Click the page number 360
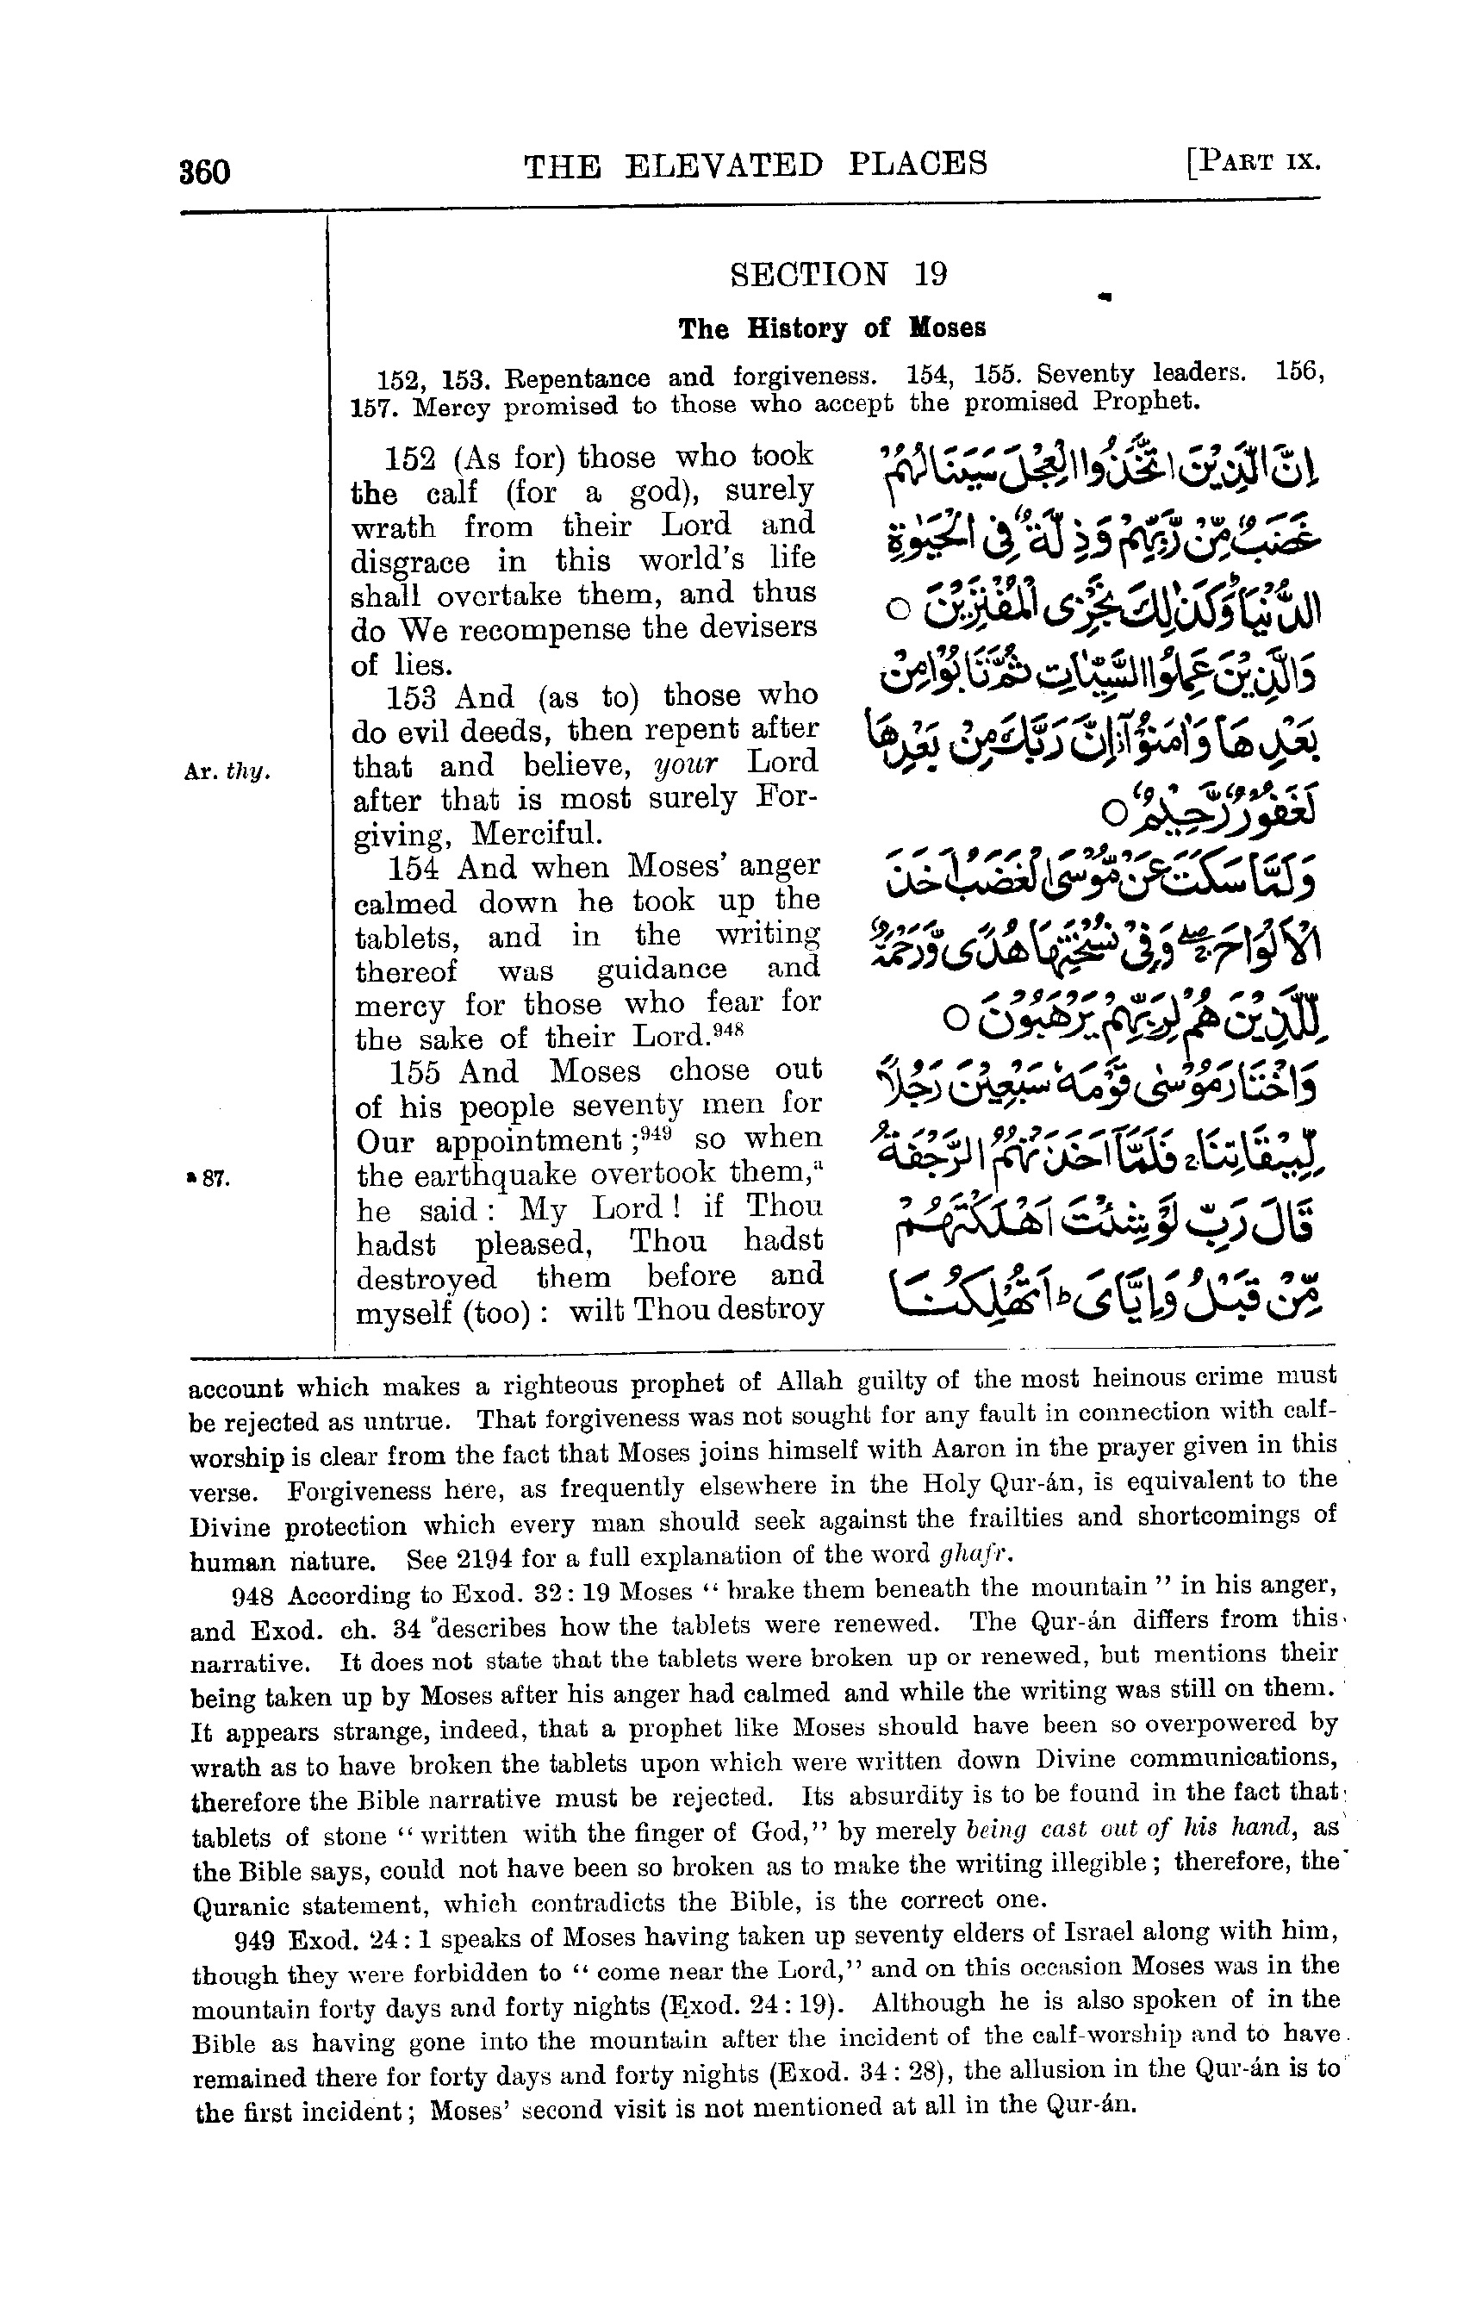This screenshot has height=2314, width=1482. (x=204, y=172)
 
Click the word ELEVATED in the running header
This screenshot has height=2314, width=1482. (x=724, y=165)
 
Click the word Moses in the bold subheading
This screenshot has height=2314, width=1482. (x=948, y=328)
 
